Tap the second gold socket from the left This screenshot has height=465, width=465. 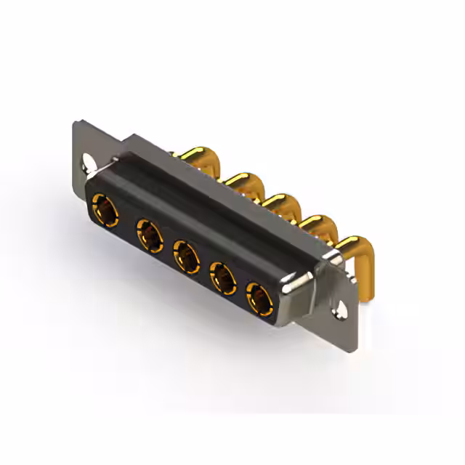click(x=150, y=235)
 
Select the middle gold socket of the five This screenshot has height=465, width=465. click(x=187, y=257)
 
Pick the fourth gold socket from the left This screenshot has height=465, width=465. click(x=224, y=278)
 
